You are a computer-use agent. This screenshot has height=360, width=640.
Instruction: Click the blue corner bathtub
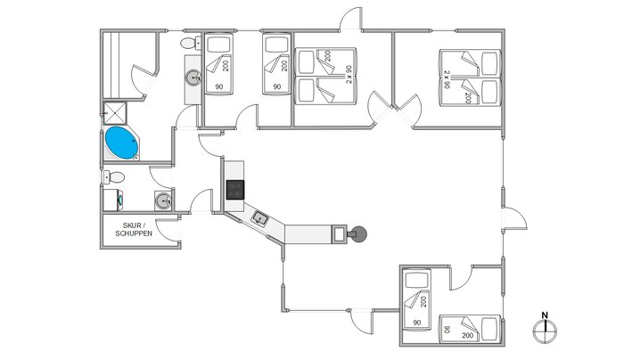click(121, 143)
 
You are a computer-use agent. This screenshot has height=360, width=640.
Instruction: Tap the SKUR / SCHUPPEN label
click(134, 228)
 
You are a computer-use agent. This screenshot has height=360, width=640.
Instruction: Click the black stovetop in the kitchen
click(235, 189)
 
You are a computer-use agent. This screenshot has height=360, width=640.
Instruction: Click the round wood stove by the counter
click(358, 234)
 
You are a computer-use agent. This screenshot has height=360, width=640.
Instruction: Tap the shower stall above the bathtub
click(115, 113)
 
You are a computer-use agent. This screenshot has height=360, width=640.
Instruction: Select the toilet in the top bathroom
click(189, 43)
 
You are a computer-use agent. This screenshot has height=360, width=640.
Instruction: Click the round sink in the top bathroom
click(193, 78)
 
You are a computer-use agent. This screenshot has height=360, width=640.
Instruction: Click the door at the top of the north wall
click(351, 20)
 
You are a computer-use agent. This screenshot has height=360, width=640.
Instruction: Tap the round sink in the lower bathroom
click(163, 200)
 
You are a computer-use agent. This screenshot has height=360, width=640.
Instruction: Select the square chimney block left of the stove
click(341, 233)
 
